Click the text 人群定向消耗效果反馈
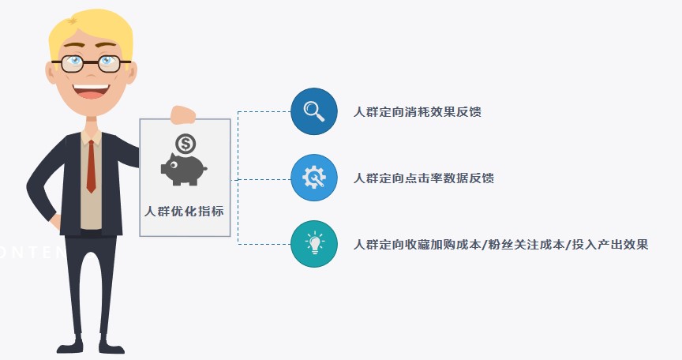tap(417, 111)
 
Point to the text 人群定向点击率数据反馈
tap(423, 178)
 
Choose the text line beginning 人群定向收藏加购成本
tap(500, 245)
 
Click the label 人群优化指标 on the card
tap(184, 211)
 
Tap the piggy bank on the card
tap(183, 168)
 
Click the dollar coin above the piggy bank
tap(186, 144)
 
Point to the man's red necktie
tap(91, 166)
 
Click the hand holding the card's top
tap(182, 114)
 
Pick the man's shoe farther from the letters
tap(111, 345)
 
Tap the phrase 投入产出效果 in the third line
tap(610, 245)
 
